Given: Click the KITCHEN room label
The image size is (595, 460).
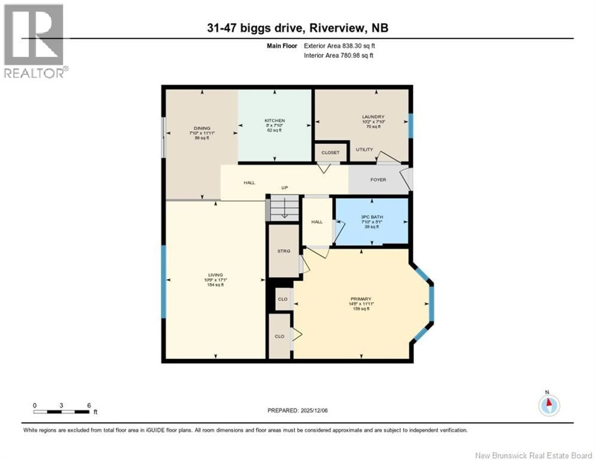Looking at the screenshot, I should (275, 120).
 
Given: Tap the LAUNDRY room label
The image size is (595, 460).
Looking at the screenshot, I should (373, 117).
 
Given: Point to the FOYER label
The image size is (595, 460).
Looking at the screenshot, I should (378, 180).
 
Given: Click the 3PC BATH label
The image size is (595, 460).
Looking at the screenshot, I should (372, 217).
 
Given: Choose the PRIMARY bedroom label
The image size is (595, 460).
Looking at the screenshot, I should (361, 299).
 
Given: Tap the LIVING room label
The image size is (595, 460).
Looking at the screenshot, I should (216, 275).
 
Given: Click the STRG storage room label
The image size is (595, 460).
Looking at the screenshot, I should (284, 251).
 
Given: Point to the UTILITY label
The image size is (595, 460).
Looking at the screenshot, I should (364, 149).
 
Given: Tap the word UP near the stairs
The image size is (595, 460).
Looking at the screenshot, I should (284, 188).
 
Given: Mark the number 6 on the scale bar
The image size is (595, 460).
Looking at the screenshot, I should (89, 405).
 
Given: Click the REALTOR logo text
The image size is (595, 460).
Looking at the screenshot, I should (34, 73).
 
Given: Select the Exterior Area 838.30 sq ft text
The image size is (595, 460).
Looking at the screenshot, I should (339, 46).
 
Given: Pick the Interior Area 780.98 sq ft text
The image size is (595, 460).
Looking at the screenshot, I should (338, 55).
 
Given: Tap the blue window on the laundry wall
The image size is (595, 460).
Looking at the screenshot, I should (411, 126).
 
